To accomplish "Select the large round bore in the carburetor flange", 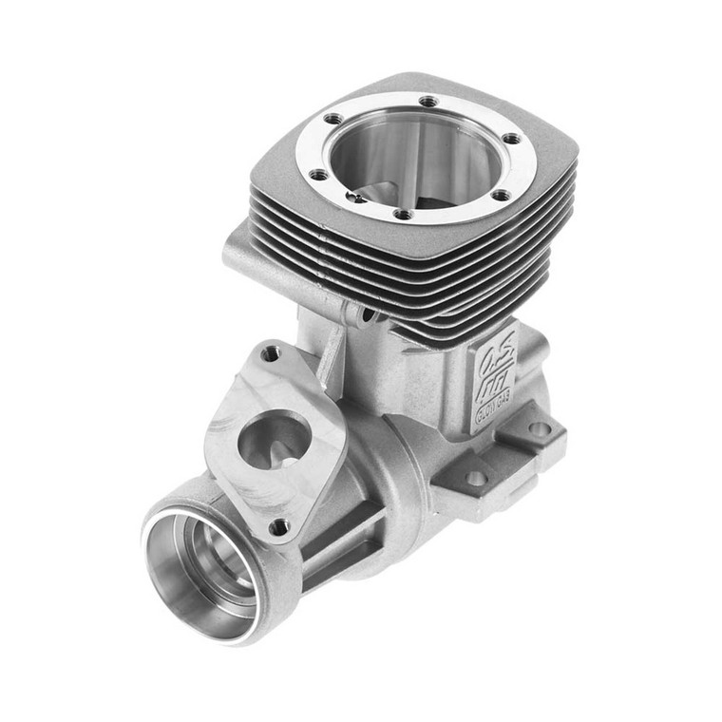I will [271, 440].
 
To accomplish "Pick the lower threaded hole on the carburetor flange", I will [278, 525].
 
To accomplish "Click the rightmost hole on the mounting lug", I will [539, 429].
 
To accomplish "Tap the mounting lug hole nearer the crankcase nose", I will [475, 478].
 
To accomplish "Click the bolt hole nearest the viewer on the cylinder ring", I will [403, 214].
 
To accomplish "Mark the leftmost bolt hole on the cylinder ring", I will [318, 175].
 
